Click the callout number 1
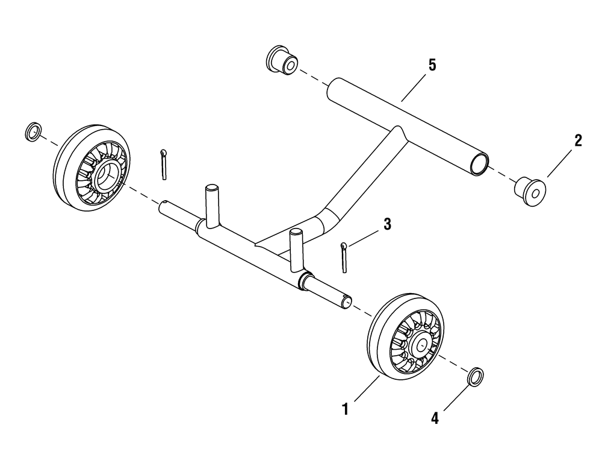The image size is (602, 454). point(345,409)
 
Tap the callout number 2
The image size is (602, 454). point(578,140)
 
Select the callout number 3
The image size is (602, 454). point(387,224)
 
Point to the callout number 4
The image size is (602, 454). point(435,418)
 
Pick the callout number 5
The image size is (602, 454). point(432,65)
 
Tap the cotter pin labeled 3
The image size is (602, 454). point(344,257)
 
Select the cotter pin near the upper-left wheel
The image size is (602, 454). point(164,164)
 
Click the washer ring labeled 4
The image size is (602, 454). point(476,376)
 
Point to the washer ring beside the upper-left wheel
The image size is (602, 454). point(33,131)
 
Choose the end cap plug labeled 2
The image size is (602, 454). point(530,191)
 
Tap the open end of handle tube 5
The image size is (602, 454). point(479,163)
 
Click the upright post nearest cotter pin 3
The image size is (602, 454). point(296,249)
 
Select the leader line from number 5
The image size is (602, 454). point(414,87)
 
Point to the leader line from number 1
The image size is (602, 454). point(367,389)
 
